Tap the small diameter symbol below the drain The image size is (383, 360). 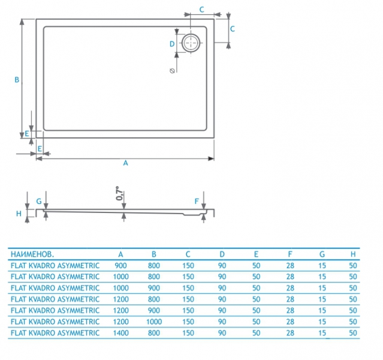[x=173, y=71]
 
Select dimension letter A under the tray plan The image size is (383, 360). [x=125, y=163]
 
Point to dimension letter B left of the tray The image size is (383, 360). [x=17, y=79]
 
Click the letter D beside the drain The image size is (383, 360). [x=171, y=44]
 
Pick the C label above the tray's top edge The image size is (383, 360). [x=201, y=9]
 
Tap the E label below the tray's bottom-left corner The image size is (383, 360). [x=40, y=148]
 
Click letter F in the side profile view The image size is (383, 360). [x=196, y=201]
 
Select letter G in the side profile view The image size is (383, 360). [x=38, y=201]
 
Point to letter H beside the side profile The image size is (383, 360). [x=19, y=213]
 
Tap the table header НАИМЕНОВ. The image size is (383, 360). [x=32, y=253]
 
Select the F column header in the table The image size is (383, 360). [x=290, y=253]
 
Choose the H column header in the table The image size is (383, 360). [x=353, y=253]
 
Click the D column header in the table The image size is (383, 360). [x=222, y=253]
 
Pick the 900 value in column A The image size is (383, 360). [x=120, y=265]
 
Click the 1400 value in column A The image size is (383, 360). [x=120, y=332]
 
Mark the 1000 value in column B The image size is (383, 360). [x=154, y=322]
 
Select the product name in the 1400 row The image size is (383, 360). [x=55, y=332]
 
